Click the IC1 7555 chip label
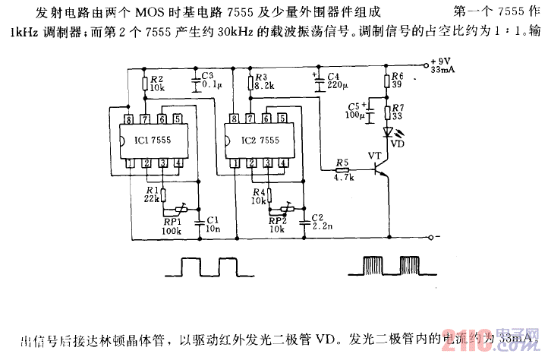pos(153,141)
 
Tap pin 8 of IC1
pos(131,119)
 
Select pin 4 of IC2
pos(283,163)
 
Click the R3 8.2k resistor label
pos(263,83)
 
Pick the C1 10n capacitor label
pos(213,223)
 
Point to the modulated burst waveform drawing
pos(393,267)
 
